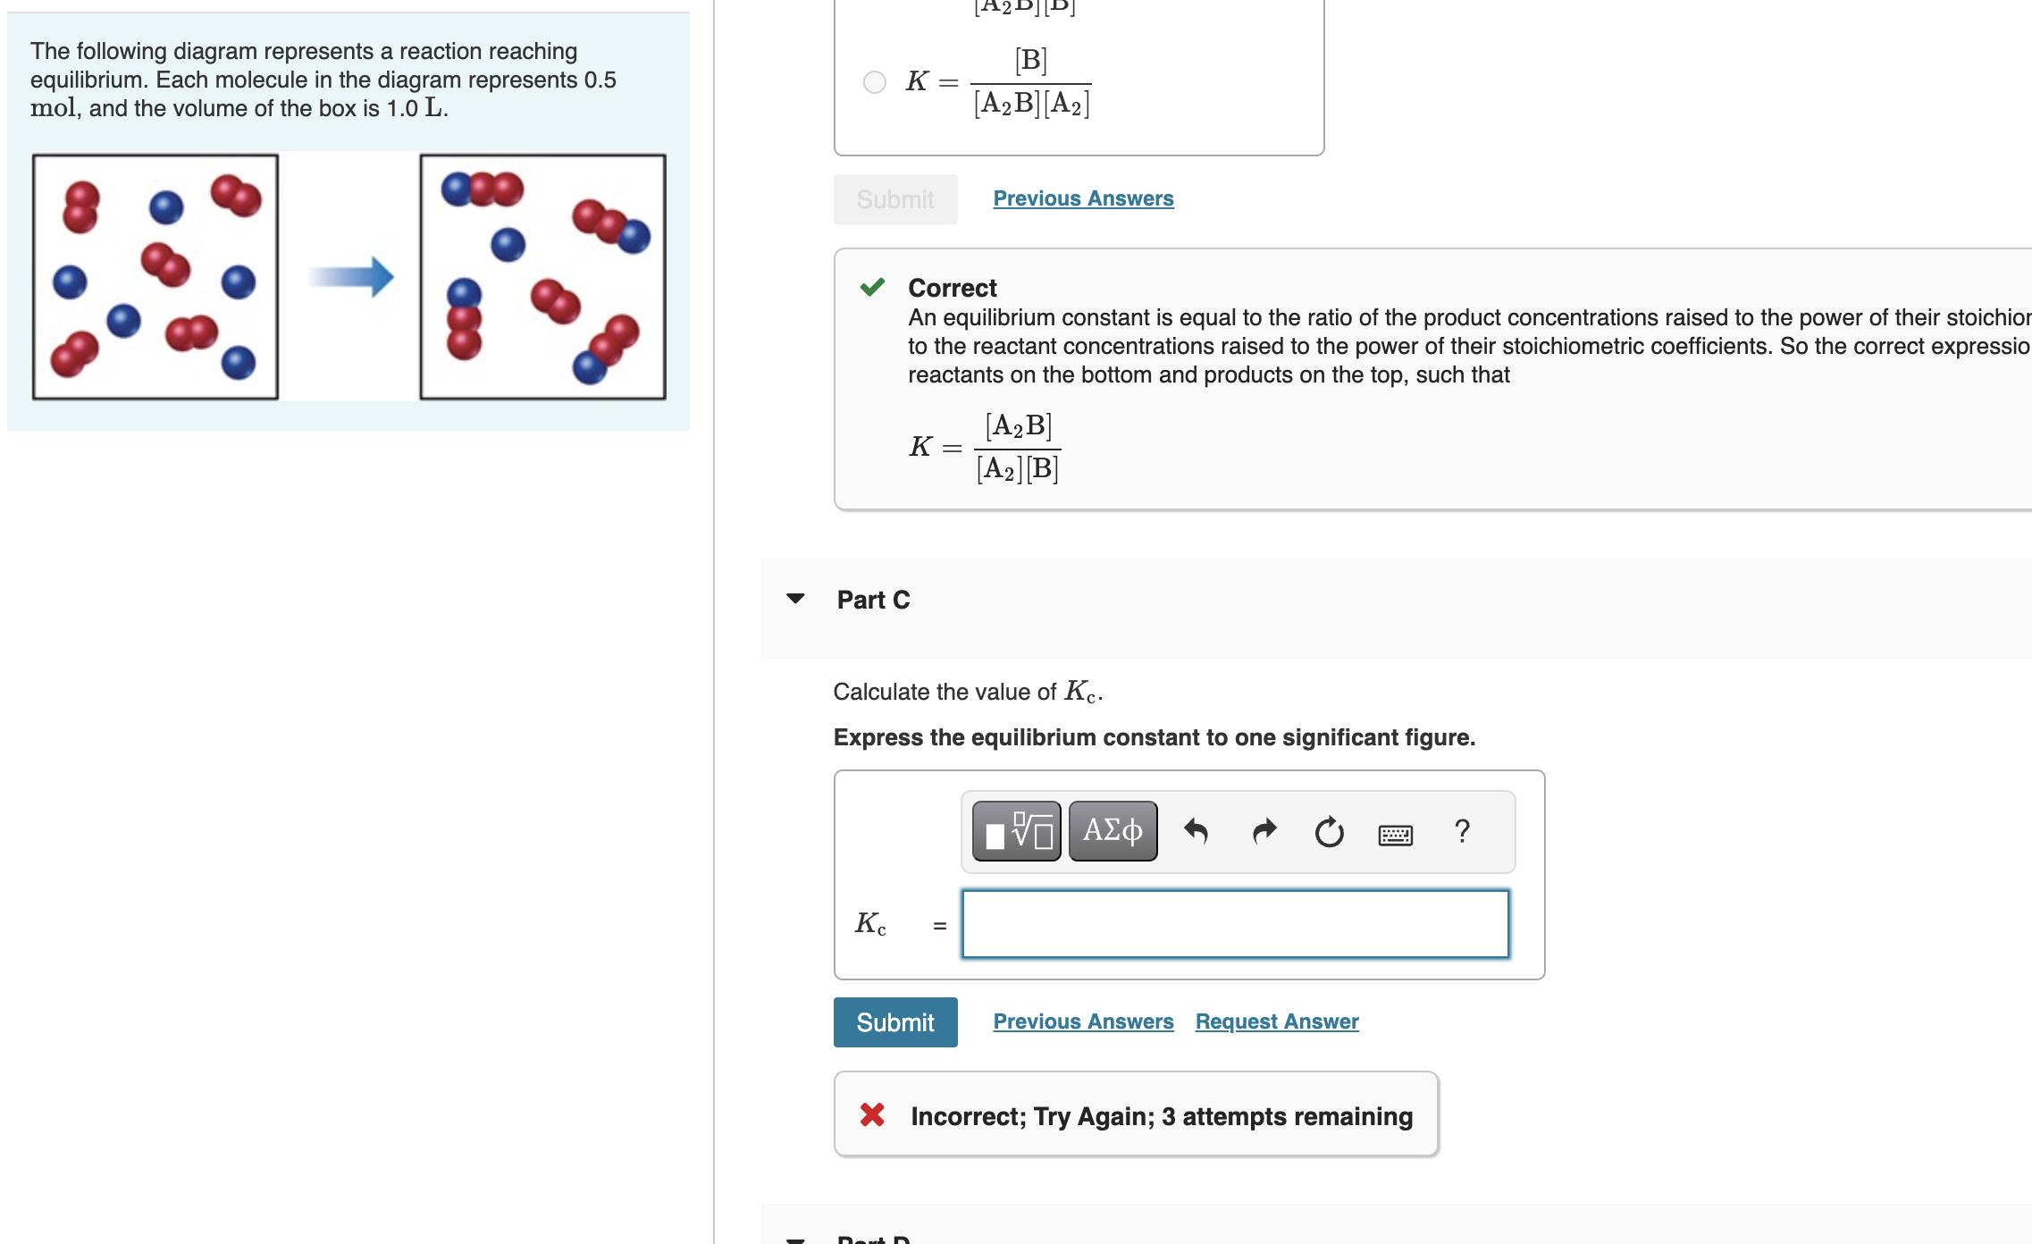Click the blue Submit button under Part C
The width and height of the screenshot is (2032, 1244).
coord(894,1021)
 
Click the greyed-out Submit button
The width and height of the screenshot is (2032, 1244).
coord(894,199)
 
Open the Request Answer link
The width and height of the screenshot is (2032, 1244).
coord(1276,1021)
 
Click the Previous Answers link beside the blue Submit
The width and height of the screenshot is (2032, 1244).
coord(1083,1021)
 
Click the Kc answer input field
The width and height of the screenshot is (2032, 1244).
coord(1235,924)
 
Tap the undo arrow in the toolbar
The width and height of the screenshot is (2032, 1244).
coord(1196,832)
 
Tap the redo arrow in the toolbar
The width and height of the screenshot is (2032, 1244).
coord(1264,832)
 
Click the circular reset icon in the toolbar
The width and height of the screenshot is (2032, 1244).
coord(1329,832)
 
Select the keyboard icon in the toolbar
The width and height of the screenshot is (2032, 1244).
coord(1395,835)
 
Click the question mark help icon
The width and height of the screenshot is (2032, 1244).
coord(1462,832)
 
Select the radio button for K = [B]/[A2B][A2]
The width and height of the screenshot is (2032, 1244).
coord(874,82)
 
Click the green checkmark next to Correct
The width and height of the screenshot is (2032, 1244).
coord(872,287)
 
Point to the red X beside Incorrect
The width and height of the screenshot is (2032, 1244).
coord(872,1114)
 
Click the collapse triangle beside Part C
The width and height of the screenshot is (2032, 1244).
coord(795,599)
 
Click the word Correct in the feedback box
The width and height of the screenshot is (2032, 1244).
coord(952,288)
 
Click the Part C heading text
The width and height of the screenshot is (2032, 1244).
coord(873,600)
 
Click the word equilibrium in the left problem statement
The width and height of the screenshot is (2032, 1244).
coord(88,80)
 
